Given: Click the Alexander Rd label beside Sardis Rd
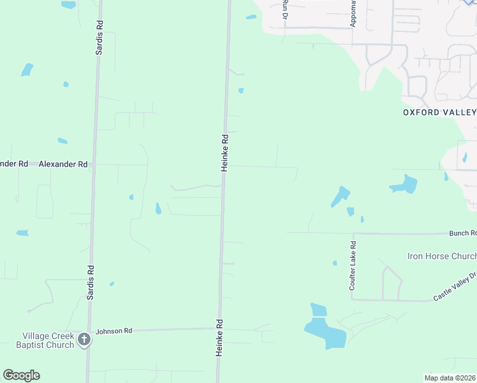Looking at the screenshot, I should pyautogui.click(x=62, y=164).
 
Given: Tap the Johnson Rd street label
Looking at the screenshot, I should pyautogui.click(x=114, y=331).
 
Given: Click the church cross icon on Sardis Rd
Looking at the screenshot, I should pyautogui.click(x=84, y=340).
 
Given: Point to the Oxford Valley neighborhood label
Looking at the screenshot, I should pyautogui.click(x=439, y=112).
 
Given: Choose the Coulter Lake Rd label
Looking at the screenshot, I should pyautogui.click(x=353, y=262).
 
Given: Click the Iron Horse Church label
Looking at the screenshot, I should pyautogui.click(x=442, y=256).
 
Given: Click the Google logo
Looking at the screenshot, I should pyautogui.click(x=21, y=375).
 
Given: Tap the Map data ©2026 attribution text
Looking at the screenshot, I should pyautogui.click(x=450, y=377).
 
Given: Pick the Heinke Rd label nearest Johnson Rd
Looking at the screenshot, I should pyautogui.click(x=219, y=338).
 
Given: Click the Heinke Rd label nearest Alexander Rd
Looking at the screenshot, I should pyautogui.click(x=224, y=152).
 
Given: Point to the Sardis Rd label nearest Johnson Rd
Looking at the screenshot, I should pyautogui.click(x=90, y=283).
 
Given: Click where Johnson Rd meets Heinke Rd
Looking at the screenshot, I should pyautogui.click(x=220, y=329).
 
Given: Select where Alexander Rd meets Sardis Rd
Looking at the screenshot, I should pyautogui.click(x=94, y=164).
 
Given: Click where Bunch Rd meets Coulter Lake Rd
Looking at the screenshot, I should pyautogui.click(x=353, y=233).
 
